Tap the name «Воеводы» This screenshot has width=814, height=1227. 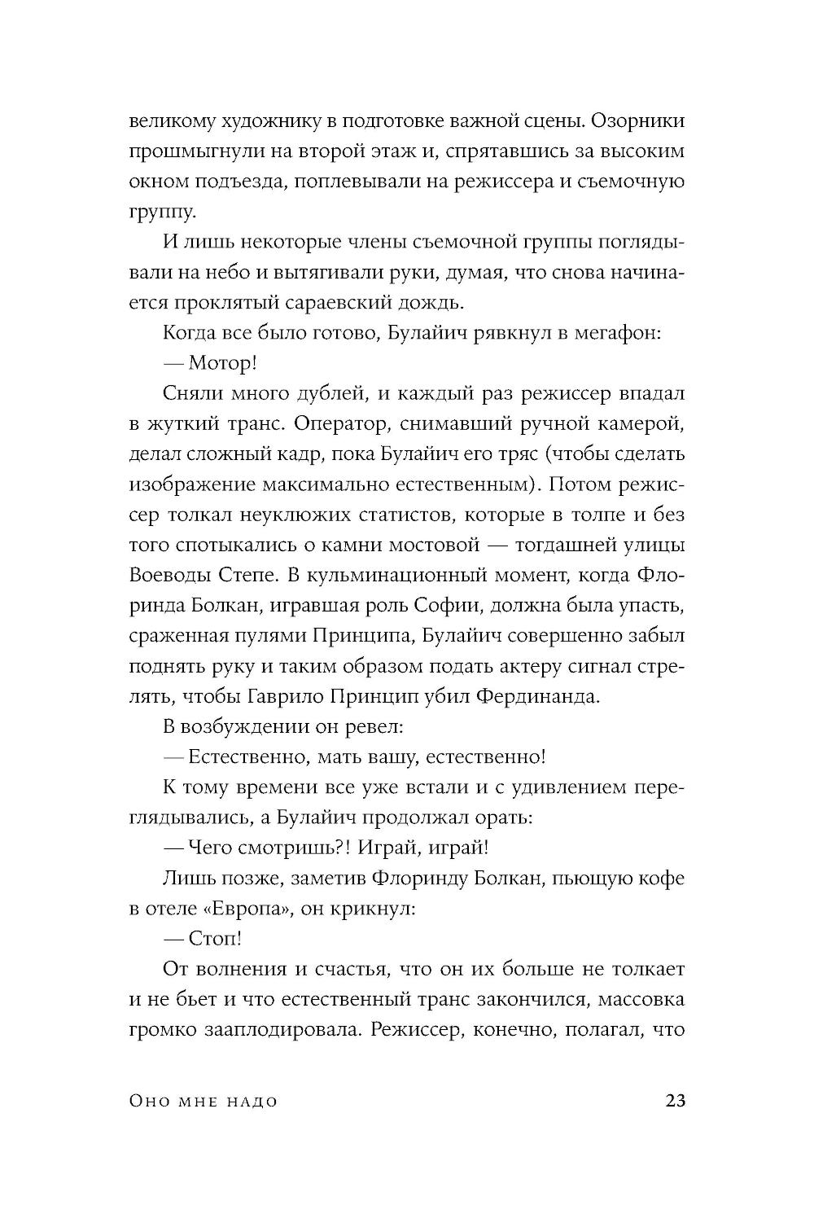(168, 575)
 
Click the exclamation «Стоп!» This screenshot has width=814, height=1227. (214, 938)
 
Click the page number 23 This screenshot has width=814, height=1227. (676, 1102)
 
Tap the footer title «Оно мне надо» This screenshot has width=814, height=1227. (203, 1102)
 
